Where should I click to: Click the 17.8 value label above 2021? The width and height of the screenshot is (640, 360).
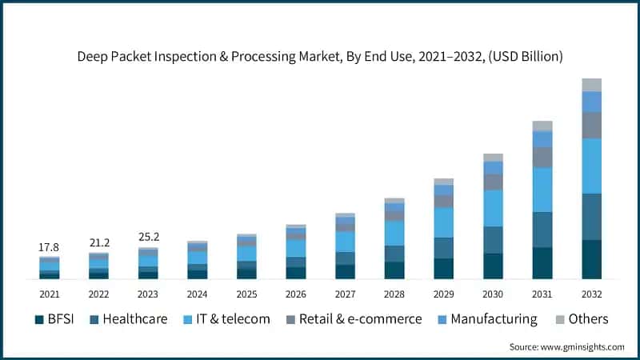tap(49, 247)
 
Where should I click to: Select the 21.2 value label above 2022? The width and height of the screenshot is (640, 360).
tap(98, 242)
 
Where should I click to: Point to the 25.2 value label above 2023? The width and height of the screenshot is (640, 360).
tap(148, 237)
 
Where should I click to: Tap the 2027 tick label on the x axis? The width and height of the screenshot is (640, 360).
tap(345, 293)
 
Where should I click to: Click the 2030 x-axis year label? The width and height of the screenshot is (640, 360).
tap(493, 293)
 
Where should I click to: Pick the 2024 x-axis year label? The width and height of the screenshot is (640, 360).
tap(197, 293)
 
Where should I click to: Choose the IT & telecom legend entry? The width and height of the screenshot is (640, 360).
tap(226, 319)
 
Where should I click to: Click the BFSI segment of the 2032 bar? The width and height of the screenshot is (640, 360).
tap(591, 259)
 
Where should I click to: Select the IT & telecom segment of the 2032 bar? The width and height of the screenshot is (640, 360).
tap(591, 166)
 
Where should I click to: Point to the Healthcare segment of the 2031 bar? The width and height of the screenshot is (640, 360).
tap(542, 230)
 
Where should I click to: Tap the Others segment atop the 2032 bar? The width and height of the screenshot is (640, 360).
tap(591, 85)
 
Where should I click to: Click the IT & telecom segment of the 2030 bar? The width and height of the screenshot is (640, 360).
tap(493, 208)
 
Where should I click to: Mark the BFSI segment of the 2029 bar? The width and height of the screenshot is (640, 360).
tap(443, 268)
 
